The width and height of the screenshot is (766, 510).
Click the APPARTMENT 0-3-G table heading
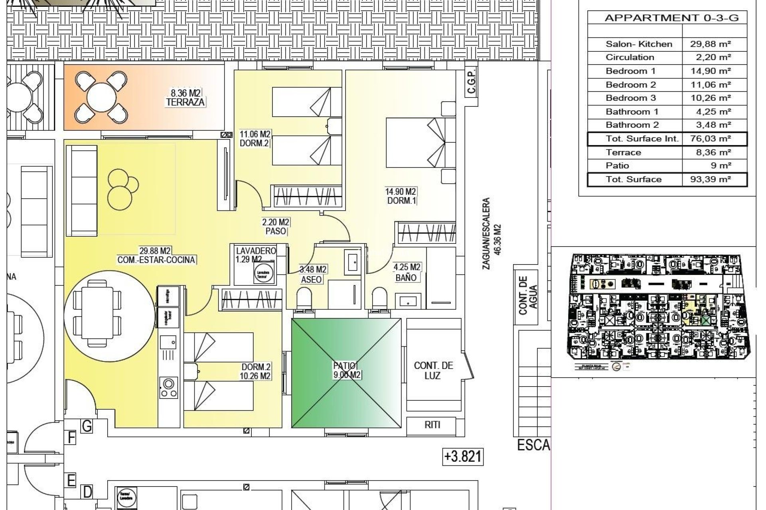point(671,18)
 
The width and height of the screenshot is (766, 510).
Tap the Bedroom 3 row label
point(630,98)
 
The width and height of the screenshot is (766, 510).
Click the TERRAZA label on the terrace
point(185,102)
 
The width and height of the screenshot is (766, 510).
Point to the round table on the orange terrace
point(101,98)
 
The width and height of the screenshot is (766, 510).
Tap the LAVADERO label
point(256,251)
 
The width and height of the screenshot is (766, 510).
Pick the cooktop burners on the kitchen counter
point(168,388)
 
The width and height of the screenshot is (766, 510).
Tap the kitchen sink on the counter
point(168,342)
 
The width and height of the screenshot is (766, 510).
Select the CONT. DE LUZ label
point(433,371)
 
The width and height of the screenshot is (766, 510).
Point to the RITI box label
point(432,425)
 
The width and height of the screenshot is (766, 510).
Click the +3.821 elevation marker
point(463,457)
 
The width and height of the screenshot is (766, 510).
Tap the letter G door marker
point(87,427)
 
